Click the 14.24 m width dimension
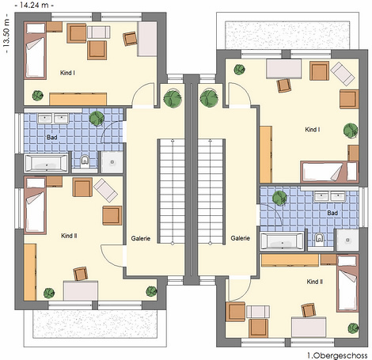click(x=34, y=5)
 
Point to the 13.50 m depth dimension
click(x=6, y=33)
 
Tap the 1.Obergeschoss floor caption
click(x=337, y=355)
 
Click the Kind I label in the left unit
click(x=67, y=73)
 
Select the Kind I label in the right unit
click(x=313, y=130)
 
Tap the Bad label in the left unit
click(x=52, y=137)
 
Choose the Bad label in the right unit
click(x=332, y=213)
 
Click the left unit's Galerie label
click(x=141, y=238)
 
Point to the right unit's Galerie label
click(x=240, y=238)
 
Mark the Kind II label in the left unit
click(x=69, y=236)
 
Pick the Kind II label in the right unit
click(x=315, y=282)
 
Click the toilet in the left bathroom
click(x=85, y=161)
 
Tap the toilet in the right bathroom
click(x=319, y=238)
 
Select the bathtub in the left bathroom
click(x=46, y=164)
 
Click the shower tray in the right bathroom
click(x=347, y=240)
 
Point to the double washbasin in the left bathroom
click(x=53, y=119)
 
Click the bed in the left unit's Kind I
click(x=36, y=51)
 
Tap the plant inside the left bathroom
click(x=97, y=118)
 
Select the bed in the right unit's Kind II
click(x=347, y=283)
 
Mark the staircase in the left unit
click(x=173, y=191)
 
